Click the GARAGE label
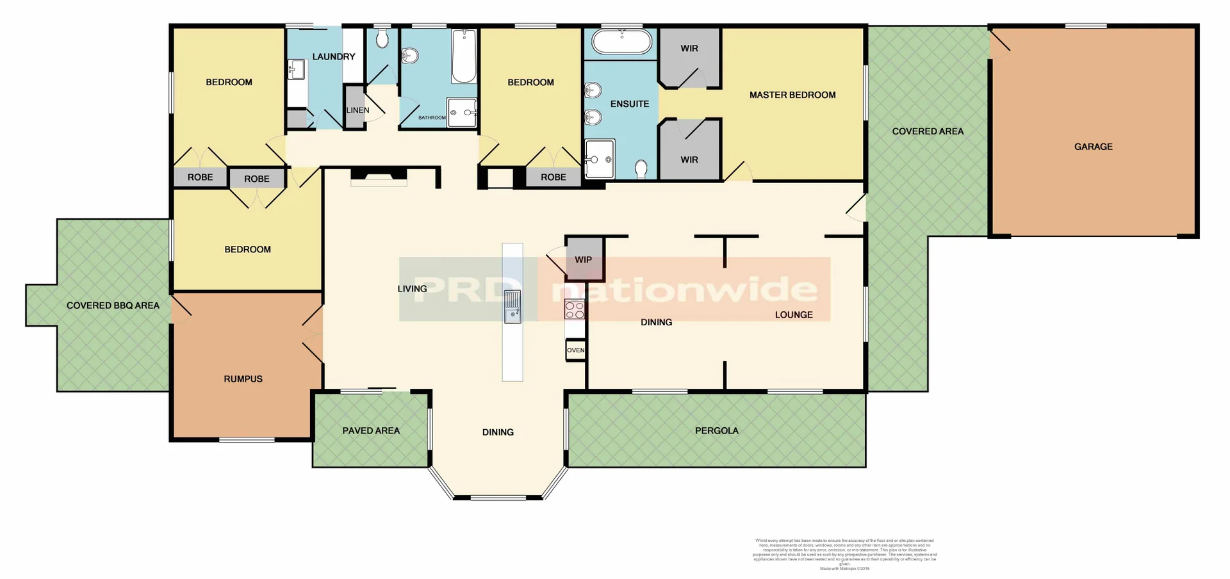[x=1093, y=147]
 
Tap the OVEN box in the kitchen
[x=575, y=350]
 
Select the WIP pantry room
[x=584, y=259]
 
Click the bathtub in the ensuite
[x=621, y=42]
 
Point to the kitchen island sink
[x=512, y=306]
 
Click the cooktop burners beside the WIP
[x=575, y=310]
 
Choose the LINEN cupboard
[x=356, y=110]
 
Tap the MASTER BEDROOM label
[x=792, y=95]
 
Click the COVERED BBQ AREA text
[x=113, y=306]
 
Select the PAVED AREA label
[x=371, y=430]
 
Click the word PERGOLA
[x=716, y=430]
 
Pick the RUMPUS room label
[x=243, y=379]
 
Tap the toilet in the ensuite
[x=641, y=169]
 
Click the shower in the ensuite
[x=600, y=159]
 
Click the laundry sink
[x=296, y=69]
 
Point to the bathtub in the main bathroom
[x=464, y=56]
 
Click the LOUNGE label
[x=793, y=314]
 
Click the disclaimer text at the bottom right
[x=844, y=554]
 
